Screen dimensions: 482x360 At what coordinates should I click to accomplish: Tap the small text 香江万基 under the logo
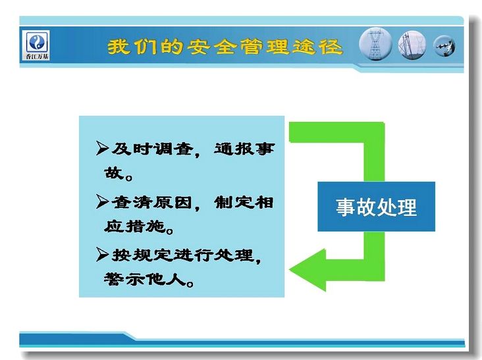(x=37, y=56)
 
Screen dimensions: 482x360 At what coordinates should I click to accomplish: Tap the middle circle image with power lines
(x=412, y=45)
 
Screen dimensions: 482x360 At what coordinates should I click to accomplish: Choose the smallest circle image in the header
(x=444, y=46)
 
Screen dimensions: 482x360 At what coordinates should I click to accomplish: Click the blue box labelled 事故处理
(x=376, y=207)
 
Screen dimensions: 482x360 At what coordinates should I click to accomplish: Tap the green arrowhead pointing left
(x=308, y=270)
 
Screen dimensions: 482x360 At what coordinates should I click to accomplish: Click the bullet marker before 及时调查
(x=102, y=148)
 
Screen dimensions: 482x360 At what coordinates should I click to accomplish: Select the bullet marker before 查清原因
(x=102, y=201)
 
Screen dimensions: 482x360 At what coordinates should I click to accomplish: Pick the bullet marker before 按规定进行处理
(x=102, y=254)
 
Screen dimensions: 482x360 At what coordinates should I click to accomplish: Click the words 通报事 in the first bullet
(x=244, y=149)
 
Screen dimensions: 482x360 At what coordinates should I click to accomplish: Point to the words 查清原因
(x=152, y=202)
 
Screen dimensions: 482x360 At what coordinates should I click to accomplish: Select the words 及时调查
(x=153, y=149)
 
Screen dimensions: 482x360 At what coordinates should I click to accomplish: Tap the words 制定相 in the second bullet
(x=244, y=202)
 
